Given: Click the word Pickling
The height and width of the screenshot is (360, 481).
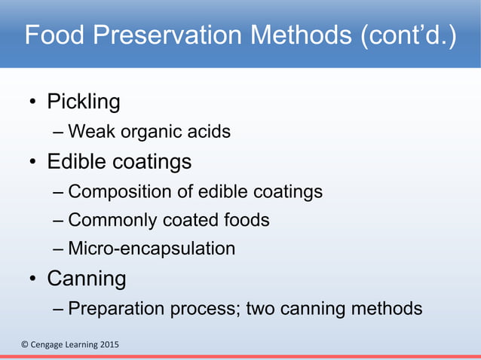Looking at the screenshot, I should [83, 102].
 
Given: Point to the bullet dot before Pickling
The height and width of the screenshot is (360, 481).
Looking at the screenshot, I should [33, 103].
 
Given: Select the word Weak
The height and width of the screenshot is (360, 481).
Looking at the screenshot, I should [88, 132].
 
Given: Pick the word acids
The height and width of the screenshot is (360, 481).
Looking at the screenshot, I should [209, 132].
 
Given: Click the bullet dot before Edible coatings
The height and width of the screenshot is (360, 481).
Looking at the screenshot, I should [33, 163].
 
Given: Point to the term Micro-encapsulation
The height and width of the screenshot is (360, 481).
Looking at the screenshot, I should [151, 248].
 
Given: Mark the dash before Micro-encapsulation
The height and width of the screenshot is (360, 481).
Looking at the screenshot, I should [59, 249].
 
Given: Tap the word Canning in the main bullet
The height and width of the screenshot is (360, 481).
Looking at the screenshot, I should [86, 279].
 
